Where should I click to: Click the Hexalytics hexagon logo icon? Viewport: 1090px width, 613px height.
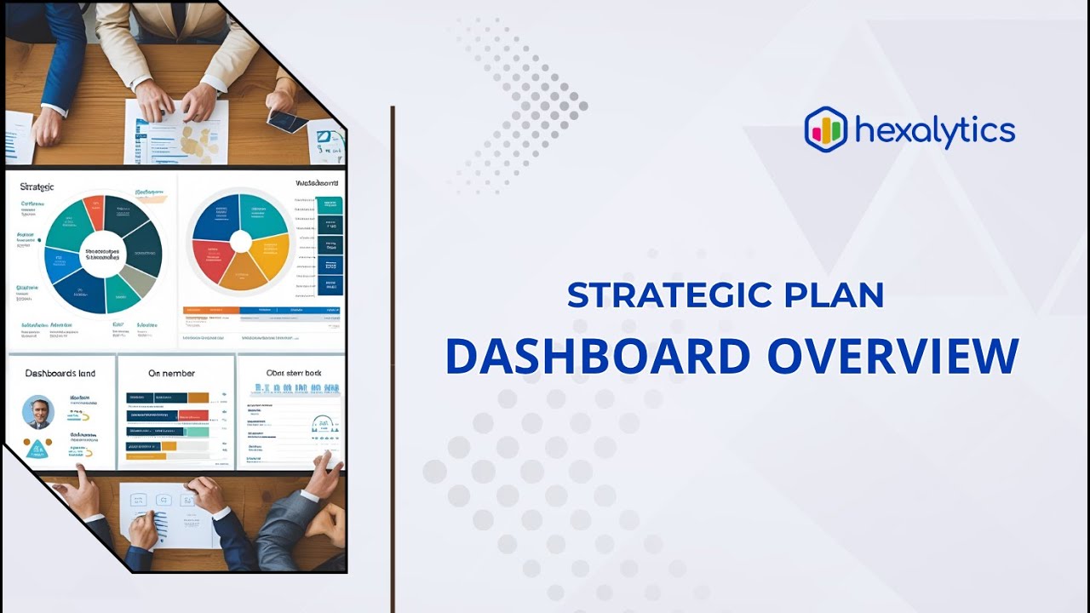coord(825,129)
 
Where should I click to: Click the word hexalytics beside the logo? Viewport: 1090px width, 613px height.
coord(934,131)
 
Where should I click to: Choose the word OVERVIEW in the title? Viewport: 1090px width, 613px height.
coord(892,356)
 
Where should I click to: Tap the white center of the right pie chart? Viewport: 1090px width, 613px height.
coord(241,242)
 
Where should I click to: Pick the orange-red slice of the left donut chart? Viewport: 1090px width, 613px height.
coord(94,212)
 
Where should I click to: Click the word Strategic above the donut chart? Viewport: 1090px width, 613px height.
coord(37,186)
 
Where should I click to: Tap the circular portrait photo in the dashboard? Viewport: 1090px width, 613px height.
coord(38,412)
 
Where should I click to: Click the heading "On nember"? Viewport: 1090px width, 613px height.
coord(171,373)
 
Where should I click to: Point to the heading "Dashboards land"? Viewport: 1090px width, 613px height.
coord(60,373)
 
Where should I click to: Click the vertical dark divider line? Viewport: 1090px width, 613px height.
coord(392,358)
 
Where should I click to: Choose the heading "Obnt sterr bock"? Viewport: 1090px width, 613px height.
coord(293,373)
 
